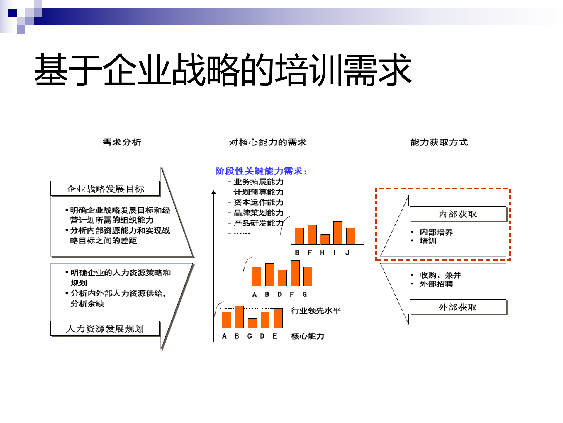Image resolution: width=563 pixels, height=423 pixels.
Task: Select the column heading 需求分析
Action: [x=122, y=142]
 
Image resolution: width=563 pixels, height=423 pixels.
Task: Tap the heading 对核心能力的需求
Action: [x=267, y=142]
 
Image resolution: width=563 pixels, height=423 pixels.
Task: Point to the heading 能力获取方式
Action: [x=439, y=142]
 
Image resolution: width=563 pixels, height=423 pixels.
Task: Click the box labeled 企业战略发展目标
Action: [x=105, y=189]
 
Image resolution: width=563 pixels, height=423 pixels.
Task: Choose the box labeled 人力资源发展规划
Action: [x=105, y=328]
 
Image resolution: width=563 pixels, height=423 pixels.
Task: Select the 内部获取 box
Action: [x=458, y=214]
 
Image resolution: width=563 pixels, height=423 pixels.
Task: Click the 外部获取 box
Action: [x=458, y=307]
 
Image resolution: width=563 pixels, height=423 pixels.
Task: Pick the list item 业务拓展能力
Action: [x=258, y=182]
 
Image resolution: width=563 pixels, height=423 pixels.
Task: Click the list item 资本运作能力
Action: [x=258, y=202]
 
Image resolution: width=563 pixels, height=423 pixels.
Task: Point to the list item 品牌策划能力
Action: [x=258, y=213]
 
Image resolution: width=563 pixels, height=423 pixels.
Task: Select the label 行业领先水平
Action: [x=316, y=310]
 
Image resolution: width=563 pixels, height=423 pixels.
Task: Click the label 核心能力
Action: [x=307, y=336]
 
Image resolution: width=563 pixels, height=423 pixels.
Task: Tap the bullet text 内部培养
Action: [x=436, y=232]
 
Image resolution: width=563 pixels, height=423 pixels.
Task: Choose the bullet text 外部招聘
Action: [x=436, y=284]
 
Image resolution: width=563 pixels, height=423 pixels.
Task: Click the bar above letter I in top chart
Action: [x=338, y=233]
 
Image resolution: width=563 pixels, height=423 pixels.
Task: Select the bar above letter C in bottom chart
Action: [x=252, y=323]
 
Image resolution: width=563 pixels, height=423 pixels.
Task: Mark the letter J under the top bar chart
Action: [x=347, y=252]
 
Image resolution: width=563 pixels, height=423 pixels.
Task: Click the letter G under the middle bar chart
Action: [x=304, y=294]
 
